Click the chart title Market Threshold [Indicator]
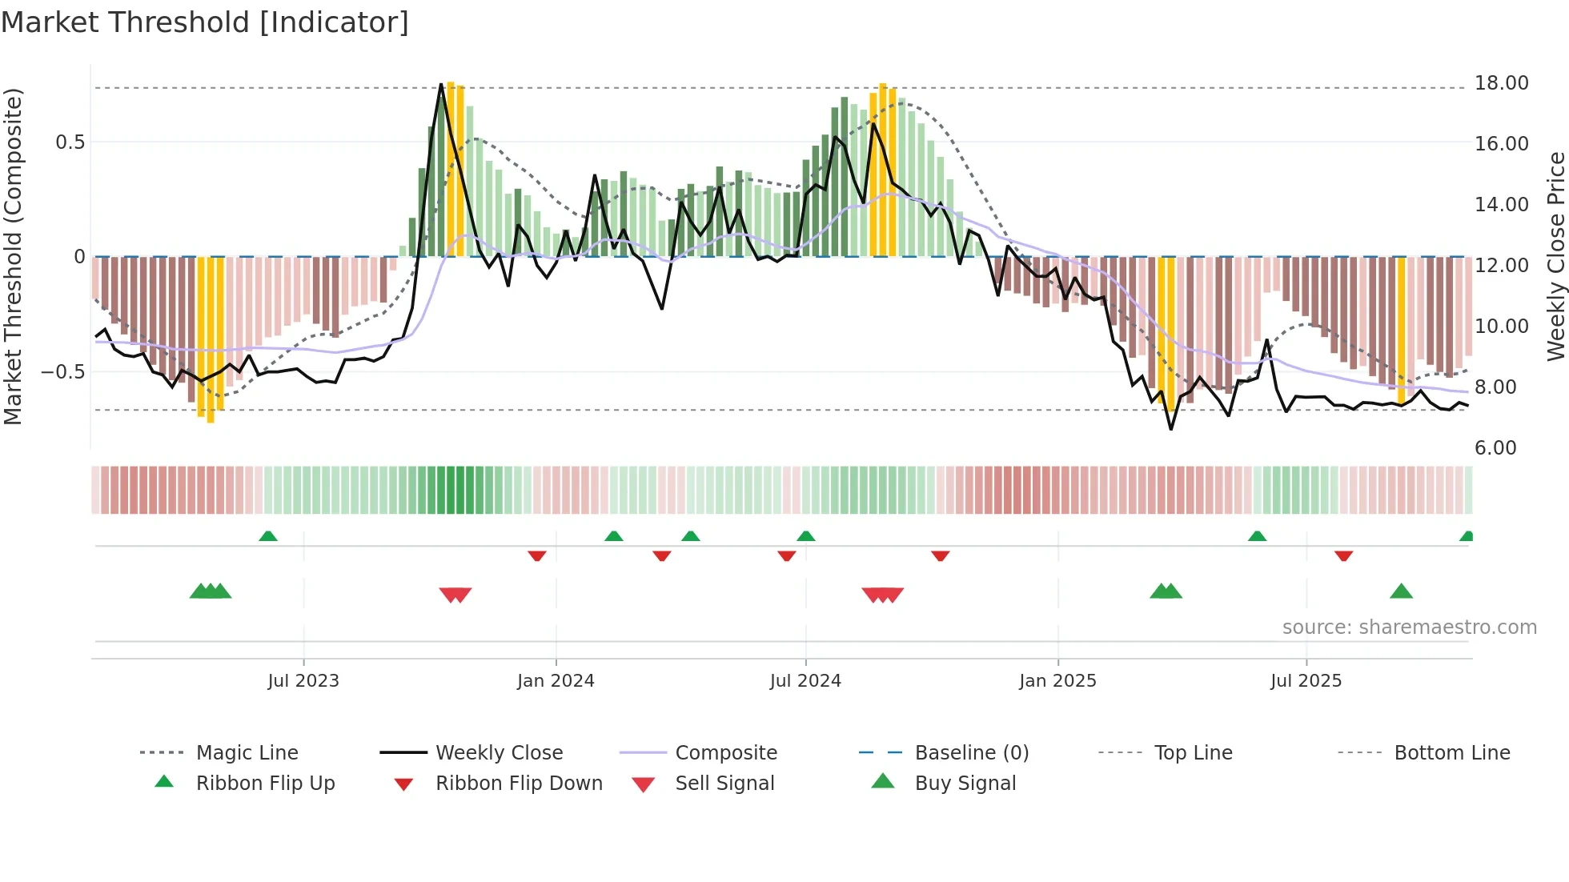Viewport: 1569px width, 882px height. (205, 22)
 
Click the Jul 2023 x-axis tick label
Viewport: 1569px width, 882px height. (303, 681)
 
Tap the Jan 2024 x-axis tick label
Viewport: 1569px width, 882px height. (556, 681)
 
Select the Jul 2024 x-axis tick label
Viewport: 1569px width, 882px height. (805, 681)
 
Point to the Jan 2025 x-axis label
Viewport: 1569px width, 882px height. (1057, 681)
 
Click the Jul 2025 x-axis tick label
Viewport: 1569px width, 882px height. (1306, 681)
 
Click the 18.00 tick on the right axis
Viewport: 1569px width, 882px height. (1501, 83)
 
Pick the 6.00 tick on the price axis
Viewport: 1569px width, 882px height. (1495, 448)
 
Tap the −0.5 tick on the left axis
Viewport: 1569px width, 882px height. (63, 372)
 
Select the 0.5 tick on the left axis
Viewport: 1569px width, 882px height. (70, 142)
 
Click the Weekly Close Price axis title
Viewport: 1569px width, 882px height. (1555, 256)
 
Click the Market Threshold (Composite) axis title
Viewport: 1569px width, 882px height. (13, 256)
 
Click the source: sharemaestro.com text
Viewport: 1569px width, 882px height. (1409, 627)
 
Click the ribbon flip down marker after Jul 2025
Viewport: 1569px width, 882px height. (1344, 555)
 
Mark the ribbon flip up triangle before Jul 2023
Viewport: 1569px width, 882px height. (268, 536)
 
